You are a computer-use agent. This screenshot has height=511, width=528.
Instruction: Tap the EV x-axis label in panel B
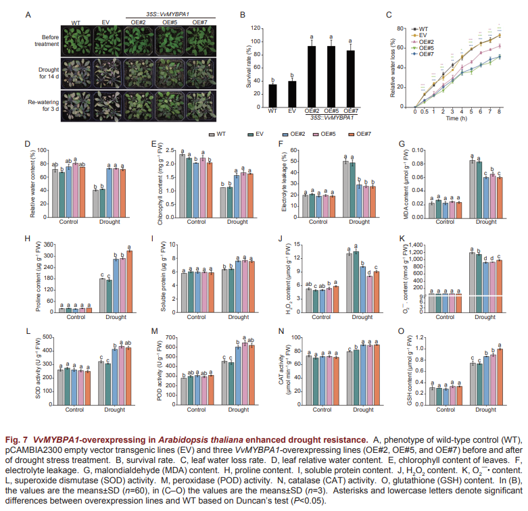coord(292,111)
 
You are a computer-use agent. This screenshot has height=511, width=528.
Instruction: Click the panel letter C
coord(389,14)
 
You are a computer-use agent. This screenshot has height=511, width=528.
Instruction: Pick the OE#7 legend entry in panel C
coord(425,54)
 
